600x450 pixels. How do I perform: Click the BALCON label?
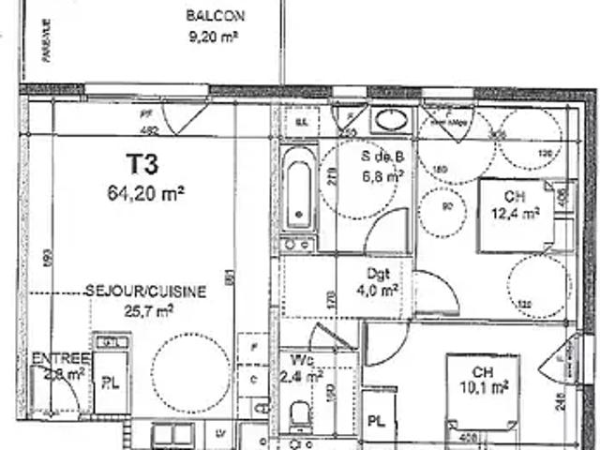tap(216, 16)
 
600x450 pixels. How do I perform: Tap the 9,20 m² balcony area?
tap(215, 37)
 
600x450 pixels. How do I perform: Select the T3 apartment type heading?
tap(142, 165)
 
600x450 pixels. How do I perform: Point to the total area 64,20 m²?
tap(146, 195)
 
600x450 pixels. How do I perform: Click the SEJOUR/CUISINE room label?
tap(145, 292)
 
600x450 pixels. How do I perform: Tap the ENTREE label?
tap(60, 359)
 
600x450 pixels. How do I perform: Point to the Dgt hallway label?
tap(378, 274)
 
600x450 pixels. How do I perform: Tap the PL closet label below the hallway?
tap(376, 420)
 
